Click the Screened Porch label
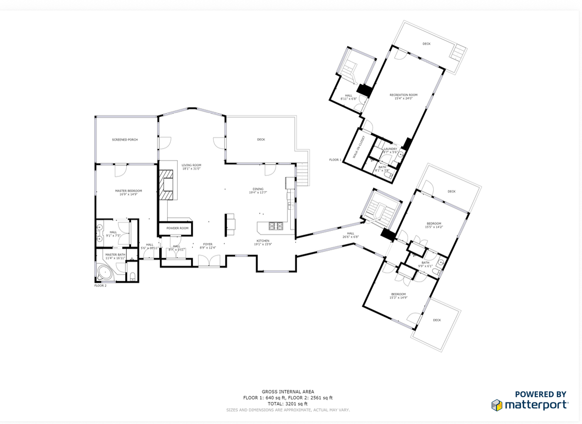coord(125,140)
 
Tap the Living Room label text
coord(191,165)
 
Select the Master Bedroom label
coord(128,191)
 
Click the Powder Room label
coord(177,228)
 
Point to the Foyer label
coord(208,244)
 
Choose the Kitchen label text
coord(262,241)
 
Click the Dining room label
coord(258,189)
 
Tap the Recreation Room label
coord(403,95)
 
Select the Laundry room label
coord(390,149)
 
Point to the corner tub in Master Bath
coord(105,273)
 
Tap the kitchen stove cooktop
coord(276,226)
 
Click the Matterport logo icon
coord(497,405)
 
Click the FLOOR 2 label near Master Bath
coord(100,286)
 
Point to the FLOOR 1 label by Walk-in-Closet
coord(335,160)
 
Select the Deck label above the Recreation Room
coord(426,44)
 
